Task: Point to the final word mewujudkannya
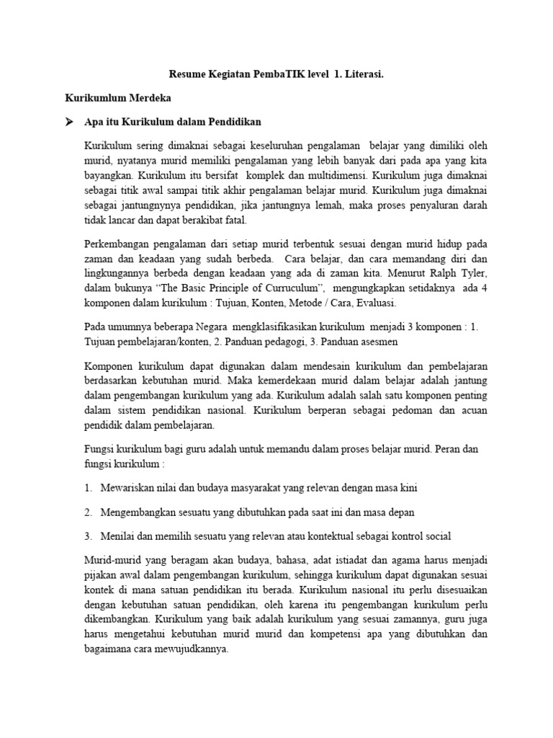[191, 648]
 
